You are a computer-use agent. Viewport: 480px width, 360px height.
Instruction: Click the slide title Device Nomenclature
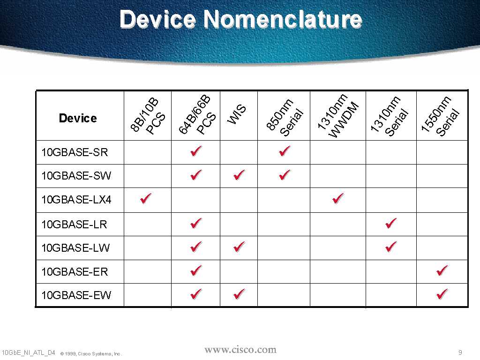click(x=240, y=19)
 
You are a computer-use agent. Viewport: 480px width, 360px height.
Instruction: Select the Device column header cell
click(x=78, y=118)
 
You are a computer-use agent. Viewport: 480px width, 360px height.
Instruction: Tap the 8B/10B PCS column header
click(x=148, y=116)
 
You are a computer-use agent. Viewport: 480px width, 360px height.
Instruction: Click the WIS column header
click(x=237, y=114)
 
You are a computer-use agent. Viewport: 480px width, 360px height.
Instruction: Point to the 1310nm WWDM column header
click(x=338, y=116)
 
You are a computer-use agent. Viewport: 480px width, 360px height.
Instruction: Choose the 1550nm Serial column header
click(x=440, y=116)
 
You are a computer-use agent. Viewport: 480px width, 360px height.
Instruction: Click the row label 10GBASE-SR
click(x=75, y=152)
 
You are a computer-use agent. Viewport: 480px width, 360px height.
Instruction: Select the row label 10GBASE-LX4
click(x=76, y=200)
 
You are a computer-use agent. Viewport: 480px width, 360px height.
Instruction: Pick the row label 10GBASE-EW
click(x=76, y=295)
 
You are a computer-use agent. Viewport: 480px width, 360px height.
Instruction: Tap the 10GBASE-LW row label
click(x=75, y=247)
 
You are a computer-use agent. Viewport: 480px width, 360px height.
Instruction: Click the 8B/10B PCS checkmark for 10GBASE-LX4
click(x=146, y=198)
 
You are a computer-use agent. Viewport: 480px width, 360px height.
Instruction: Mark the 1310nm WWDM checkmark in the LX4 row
click(x=338, y=198)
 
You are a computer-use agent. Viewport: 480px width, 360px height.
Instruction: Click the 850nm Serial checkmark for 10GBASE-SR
click(x=285, y=150)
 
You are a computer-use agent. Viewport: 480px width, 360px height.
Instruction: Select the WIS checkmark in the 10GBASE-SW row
click(x=239, y=175)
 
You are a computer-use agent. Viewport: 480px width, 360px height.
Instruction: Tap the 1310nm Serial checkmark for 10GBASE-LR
click(x=391, y=223)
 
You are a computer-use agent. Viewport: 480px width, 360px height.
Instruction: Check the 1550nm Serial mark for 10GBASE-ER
click(x=442, y=270)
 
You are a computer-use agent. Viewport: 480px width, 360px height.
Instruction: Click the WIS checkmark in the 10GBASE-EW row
click(x=239, y=294)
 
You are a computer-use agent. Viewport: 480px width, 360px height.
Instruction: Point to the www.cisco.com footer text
click(x=240, y=350)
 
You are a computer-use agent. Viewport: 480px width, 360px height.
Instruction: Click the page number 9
click(x=460, y=352)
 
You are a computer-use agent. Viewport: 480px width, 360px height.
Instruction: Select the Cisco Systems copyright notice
click(x=91, y=353)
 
